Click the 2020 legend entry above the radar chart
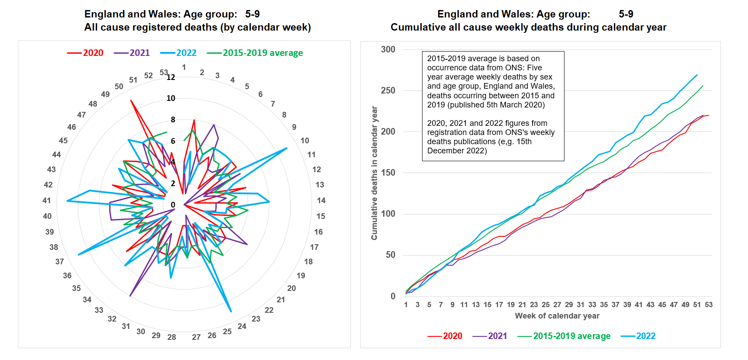tap(86, 53)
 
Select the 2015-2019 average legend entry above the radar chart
tap(255, 53)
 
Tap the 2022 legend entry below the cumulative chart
tap(638, 336)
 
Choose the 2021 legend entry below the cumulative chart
tap(490, 336)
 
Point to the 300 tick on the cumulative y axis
tap(388, 49)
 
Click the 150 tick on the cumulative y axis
tap(388, 173)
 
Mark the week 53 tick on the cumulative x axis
tap(709, 305)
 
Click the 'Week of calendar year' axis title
tap(557, 316)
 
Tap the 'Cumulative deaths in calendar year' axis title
tap(374, 173)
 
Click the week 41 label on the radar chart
tap(47, 201)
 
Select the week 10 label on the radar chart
tap(305, 141)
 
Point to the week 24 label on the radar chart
tap(242, 326)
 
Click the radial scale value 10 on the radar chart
tap(171, 98)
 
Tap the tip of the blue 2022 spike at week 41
tap(67, 201)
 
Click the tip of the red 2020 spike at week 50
tap(131, 100)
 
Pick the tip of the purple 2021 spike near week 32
tap(130, 296)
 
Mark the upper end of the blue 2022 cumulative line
tap(697, 75)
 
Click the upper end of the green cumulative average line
tap(703, 86)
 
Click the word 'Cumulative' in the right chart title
tap(418, 27)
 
